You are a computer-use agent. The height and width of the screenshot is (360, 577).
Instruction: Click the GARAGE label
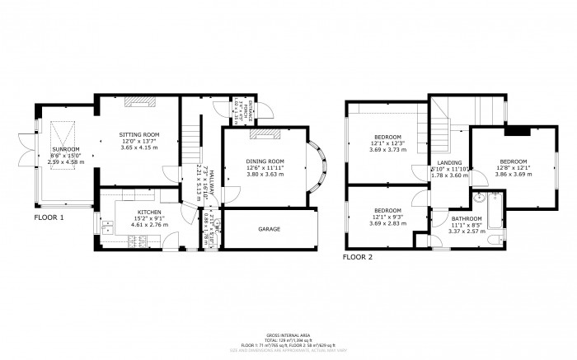[x=269, y=228]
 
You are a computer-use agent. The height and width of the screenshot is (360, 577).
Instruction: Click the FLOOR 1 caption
[x=49, y=218]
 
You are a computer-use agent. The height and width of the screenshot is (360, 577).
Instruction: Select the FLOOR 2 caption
[x=359, y=257]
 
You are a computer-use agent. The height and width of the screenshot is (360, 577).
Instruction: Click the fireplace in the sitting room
[x=139, y=104]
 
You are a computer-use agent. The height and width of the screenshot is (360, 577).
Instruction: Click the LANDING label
[x=449, y=163]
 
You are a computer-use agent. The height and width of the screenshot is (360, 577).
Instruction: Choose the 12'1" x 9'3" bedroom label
[x=387, y=210]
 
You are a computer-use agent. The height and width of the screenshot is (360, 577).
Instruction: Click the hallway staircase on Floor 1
[x=191, y=143]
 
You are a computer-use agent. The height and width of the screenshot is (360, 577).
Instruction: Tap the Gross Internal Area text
[x=288, y=334]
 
